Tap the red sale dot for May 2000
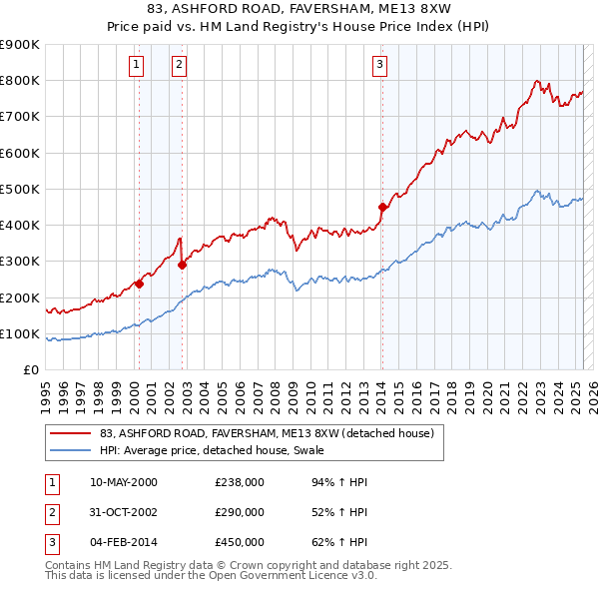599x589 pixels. tap(140, 284)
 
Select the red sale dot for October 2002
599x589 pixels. tap(183, 266)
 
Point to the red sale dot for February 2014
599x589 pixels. tap(382, 208)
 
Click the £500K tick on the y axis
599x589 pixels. tap(21, 189)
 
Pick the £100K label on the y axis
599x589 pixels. tap(21, 333)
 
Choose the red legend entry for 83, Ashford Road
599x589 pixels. tap(267, 433)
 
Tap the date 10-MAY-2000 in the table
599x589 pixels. tap(123, 482)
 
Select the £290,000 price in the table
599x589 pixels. tap(239, 512)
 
